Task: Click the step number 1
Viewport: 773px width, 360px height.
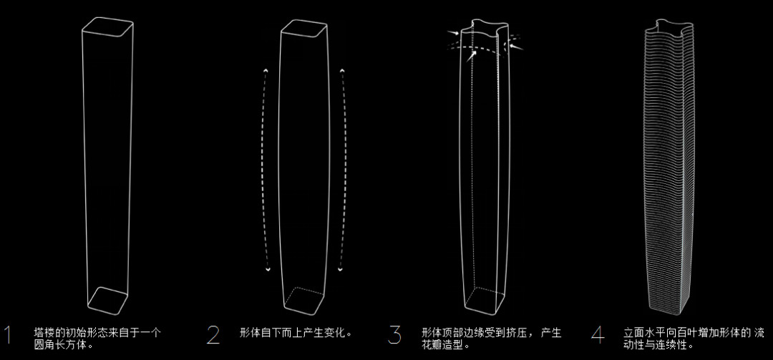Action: (x=8, y=335)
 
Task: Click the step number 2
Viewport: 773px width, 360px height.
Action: (x=213, y=335)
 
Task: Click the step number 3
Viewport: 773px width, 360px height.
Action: (x=395, y=335)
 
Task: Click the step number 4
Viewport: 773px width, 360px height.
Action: (x=597, y=335)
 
